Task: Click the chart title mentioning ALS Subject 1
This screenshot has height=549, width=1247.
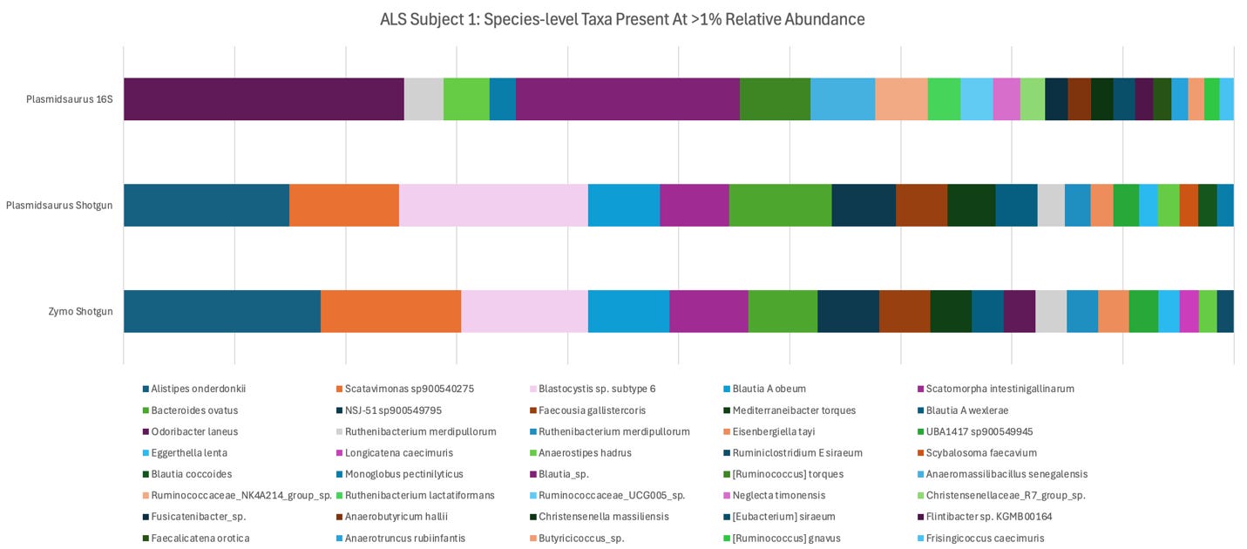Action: coord(622,18)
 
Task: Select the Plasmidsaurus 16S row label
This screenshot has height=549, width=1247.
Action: coord(69,99)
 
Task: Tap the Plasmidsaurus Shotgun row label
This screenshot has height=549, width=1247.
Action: coord(59,206)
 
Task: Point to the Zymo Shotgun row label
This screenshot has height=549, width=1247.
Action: coord(80,311)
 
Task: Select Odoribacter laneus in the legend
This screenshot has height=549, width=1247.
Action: coord(193,431)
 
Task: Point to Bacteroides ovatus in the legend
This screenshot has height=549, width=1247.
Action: coord(193,410)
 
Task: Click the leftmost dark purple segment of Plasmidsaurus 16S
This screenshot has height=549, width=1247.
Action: coord(263,99)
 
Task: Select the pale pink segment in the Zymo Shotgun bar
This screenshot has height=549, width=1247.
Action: coord(524,311)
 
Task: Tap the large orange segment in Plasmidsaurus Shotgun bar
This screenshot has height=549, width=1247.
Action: coord(343,206)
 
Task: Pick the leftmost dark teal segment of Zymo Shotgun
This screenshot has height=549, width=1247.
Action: coord(221,311)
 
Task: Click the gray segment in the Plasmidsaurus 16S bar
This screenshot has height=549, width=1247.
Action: coord(424,99)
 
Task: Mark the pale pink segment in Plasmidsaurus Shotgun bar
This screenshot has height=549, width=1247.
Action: coord(493,206)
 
